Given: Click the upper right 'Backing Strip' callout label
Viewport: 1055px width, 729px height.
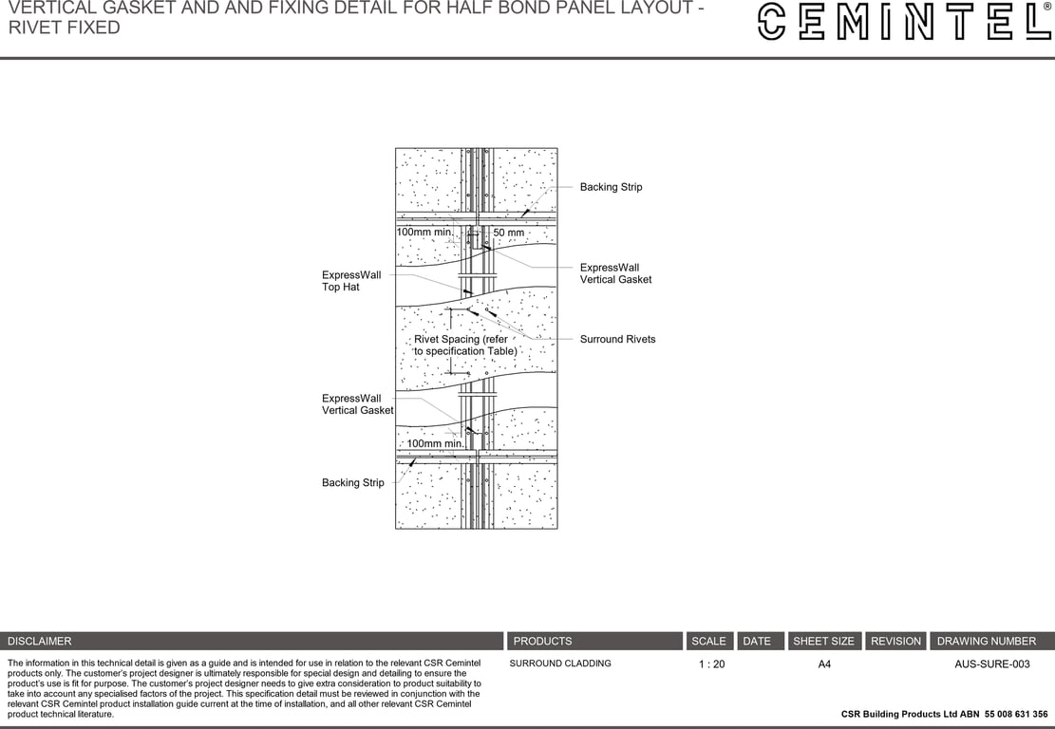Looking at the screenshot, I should coord(611,187).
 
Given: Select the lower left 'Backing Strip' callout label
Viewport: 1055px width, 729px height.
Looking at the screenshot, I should coord(352,482).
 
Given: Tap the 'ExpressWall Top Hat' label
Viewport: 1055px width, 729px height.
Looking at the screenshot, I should coord(351,281).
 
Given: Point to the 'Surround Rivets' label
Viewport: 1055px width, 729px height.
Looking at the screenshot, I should coord(617,339).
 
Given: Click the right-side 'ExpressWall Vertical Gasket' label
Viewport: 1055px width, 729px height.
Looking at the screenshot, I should coord(615,273).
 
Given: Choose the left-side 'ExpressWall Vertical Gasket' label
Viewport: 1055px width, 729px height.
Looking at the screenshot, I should coord(357,404).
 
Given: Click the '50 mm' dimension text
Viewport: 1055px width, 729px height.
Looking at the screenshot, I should coord(508,233).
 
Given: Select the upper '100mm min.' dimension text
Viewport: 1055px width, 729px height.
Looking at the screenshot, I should coord(424,232).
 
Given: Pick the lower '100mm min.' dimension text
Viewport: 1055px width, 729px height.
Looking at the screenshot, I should coord(435,443).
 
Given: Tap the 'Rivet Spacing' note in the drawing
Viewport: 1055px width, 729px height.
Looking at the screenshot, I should coord(464,345).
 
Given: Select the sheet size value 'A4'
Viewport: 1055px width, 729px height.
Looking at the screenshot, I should coord(824,664).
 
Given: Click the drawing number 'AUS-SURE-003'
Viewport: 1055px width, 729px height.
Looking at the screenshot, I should coord(991,664).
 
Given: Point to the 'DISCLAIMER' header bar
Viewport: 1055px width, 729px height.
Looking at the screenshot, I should coord(252,641).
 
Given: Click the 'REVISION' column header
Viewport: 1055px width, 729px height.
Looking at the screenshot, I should coord(895,641).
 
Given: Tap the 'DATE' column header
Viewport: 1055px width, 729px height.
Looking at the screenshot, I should coord(757,641).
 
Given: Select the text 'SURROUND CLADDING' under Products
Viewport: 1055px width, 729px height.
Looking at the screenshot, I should coord(560,664).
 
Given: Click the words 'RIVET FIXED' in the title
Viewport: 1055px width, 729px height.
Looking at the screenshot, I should coord(65,28).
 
